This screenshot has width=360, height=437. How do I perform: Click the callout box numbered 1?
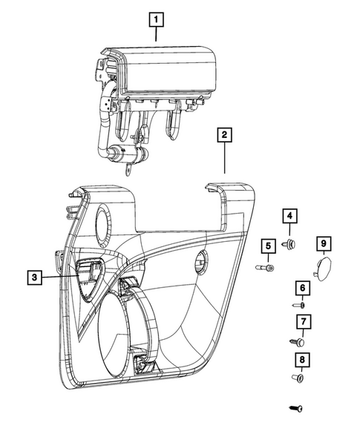[x=156, y=19]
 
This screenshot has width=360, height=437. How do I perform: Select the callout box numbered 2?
[x=224, y=135]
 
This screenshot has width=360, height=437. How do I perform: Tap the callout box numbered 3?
[x=35, y=277]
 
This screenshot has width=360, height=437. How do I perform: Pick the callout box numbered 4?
[x=289, y=216]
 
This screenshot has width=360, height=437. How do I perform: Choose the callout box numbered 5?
[x=269, y=246]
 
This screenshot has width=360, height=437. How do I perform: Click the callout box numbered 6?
[x=303, y=288]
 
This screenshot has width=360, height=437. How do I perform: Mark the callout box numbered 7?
[x=304, y=321]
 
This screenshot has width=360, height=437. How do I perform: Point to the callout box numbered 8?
[x=302, y=360]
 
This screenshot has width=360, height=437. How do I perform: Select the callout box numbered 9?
[x=324, y=243]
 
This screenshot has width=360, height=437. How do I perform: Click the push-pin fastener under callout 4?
[x=289, y=244]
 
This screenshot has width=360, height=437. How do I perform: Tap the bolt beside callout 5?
[x=265, y=268]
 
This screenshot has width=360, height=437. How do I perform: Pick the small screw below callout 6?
[x=298, y=305]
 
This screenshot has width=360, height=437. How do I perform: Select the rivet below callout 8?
[x=298, y=378]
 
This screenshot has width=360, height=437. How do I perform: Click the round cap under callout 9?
[x=324, y=269]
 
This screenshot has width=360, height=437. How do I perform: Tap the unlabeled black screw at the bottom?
[x=296, y=409]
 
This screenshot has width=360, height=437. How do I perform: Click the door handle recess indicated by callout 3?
[x=88, y=280]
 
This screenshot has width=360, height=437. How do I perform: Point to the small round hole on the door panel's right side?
[x=200, y=261]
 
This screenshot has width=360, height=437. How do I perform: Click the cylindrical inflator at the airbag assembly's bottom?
[x=128, y=154]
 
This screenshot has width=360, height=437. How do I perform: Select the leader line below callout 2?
[x=225, y=158]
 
